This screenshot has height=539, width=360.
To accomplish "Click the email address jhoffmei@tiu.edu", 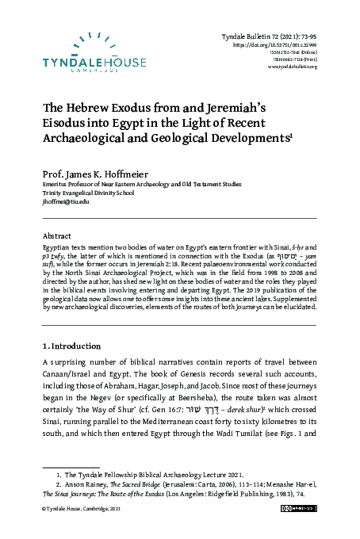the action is coord(66,202).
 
